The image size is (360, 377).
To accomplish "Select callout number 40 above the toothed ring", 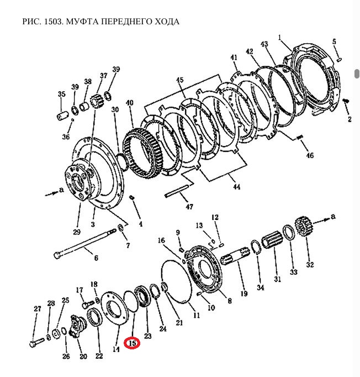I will (x=130, y=103).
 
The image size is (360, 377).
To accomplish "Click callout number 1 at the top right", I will (x=280, y=38).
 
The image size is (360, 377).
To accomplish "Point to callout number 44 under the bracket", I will (x=236, y=187).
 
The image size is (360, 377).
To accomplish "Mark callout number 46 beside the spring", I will (x=310, y=155).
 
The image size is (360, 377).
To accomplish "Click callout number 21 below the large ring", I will (x=178, y=322).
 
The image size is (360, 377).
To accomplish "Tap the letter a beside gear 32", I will (x=332, y=217).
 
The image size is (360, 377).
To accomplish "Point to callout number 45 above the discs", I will (x=179, y=80).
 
